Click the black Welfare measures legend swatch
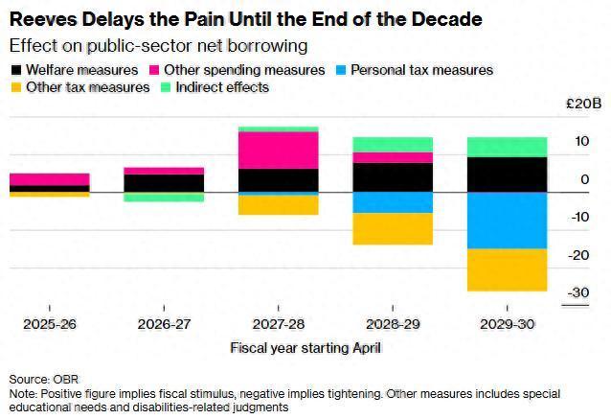point(17,70)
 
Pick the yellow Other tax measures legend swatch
point(17,87)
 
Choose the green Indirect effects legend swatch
point(165,87)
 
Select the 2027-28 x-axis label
point(278,325)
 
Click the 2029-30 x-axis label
point(507,325)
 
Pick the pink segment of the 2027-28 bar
point(278,150)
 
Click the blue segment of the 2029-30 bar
point(507,221)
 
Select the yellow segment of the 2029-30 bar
point(507,269)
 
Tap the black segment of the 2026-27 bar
point(163,183)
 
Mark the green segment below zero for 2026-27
point(163,197)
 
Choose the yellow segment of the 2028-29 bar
point(393,228)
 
